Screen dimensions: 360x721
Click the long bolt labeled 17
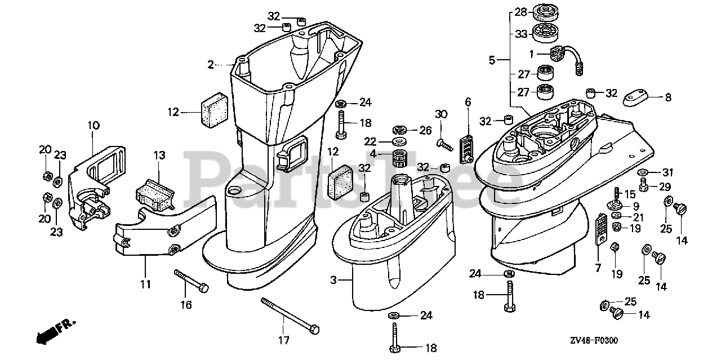tap(291, 315)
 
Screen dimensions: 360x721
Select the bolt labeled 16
tap(192, 280)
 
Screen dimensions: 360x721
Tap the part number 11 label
tap(146, 285)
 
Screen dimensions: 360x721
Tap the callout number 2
tap(211, 65)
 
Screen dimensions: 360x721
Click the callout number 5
tap(492, 60)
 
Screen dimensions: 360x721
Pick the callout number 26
tap(425, 130)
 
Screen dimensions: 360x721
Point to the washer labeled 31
tap(643, 172)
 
